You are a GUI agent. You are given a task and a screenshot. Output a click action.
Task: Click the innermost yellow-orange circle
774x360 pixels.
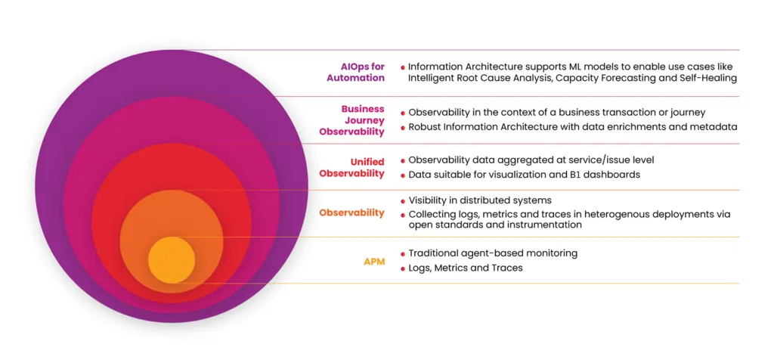click(x=171, y=259)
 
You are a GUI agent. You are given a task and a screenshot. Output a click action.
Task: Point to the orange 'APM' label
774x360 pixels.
click(x=374, y=262)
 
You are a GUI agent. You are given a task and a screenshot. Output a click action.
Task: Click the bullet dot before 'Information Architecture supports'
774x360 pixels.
click(x=402, y=67)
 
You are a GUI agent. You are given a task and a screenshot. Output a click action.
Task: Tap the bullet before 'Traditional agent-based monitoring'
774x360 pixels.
click(x=402, y=253)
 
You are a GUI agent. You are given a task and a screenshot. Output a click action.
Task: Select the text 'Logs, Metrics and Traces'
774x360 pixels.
click(x=465, y=268)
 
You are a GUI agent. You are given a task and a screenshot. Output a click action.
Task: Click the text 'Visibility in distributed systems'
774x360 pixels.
click(x=480, y=200)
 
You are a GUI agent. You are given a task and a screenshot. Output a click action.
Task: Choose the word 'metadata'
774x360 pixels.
click(x=711, y=126)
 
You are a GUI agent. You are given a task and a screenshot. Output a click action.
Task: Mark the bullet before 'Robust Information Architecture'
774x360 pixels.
click(x=402, y=127)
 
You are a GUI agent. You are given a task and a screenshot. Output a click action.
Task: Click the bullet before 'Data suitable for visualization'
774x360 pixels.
click(x=402, y=175)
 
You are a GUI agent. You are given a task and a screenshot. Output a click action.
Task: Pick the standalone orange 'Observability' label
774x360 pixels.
click(x=351, y=213)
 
